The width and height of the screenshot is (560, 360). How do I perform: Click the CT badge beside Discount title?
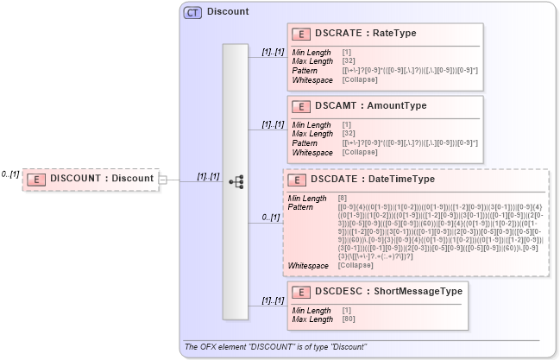tap(193, 13)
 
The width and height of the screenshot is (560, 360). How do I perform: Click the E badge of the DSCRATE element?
tap(301, 34)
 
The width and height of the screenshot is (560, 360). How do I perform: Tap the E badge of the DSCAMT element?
tap(301, 106)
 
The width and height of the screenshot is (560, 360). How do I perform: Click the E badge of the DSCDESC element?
tap(301, 292)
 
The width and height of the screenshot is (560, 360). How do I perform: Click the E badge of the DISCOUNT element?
tap(37, 179)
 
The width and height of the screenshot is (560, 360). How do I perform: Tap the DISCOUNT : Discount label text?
tap(101, 179)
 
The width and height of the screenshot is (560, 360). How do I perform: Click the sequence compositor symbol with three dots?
tap(236, 181)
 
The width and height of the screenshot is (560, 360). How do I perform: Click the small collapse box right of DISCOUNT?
tap(162, 179)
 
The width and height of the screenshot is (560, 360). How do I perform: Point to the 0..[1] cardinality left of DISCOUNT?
tap(9, 174)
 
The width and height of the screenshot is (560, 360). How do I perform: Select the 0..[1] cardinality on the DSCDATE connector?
tap(270, 218)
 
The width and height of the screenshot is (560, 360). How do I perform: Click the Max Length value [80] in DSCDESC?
tap(349, 319)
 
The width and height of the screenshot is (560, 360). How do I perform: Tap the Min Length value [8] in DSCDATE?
tap(343, 199)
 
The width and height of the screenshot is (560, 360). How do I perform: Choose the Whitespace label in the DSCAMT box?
tap(311, 152)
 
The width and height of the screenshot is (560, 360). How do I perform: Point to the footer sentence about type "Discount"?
tap(276, 346)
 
